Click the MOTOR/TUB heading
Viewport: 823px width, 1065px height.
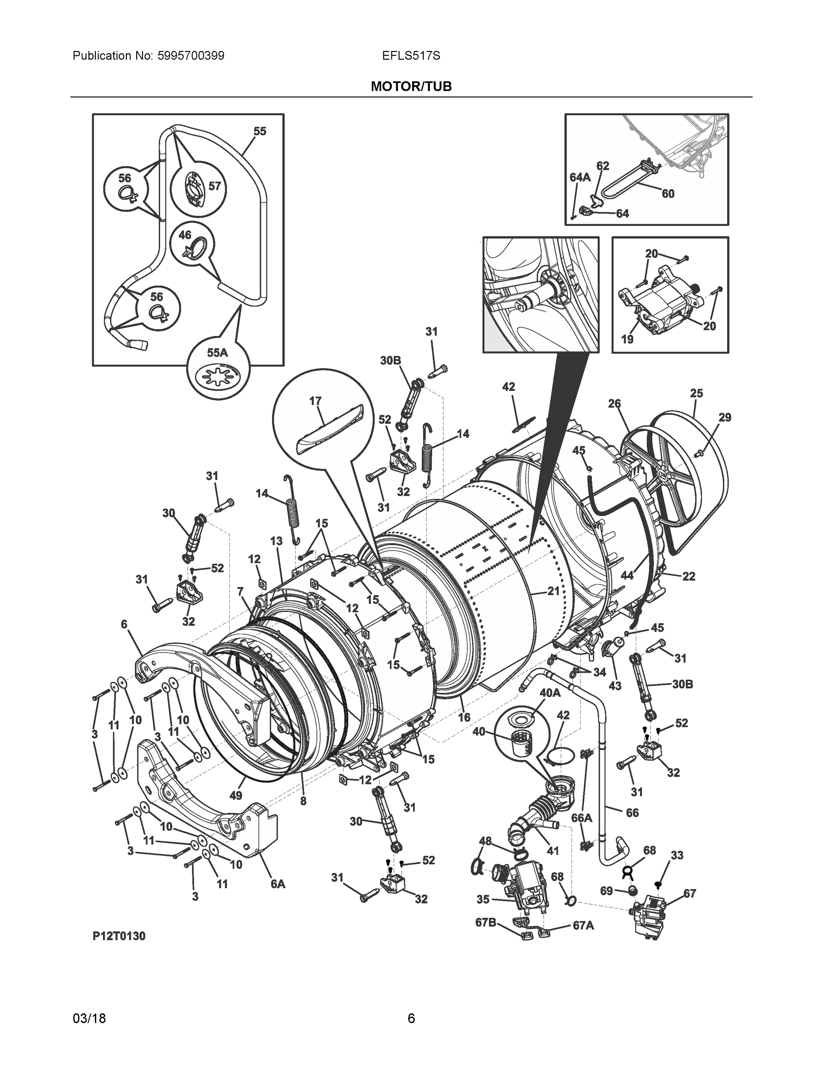411,87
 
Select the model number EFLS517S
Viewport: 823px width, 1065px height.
411,56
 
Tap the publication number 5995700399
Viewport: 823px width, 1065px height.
191,56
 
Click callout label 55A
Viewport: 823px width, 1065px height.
217,353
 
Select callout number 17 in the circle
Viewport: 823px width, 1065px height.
315,401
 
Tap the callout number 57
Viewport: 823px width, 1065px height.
215,186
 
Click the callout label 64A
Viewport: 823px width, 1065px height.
580,177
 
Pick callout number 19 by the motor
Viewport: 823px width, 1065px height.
627,339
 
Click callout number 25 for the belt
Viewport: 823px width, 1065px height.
696,393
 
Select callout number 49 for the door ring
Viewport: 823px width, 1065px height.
236,795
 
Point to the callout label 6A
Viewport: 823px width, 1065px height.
278,883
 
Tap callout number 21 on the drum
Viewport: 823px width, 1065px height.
553,591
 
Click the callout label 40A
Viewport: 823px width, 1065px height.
550,692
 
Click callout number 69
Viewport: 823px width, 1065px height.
606,891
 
